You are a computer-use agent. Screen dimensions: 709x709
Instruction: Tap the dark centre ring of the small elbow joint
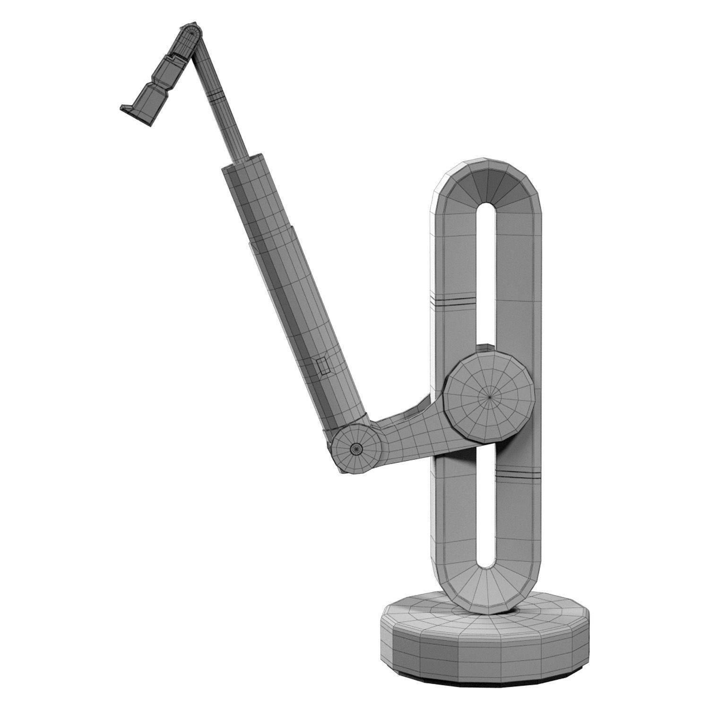coord(355,448)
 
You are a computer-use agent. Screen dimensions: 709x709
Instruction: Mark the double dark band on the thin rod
coord(216,99)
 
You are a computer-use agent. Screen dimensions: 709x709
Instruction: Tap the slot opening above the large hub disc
coord(486,274)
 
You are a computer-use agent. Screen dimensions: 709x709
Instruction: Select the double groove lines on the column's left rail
coord(452,301)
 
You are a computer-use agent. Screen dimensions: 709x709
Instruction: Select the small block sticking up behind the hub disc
coord(483,349)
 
